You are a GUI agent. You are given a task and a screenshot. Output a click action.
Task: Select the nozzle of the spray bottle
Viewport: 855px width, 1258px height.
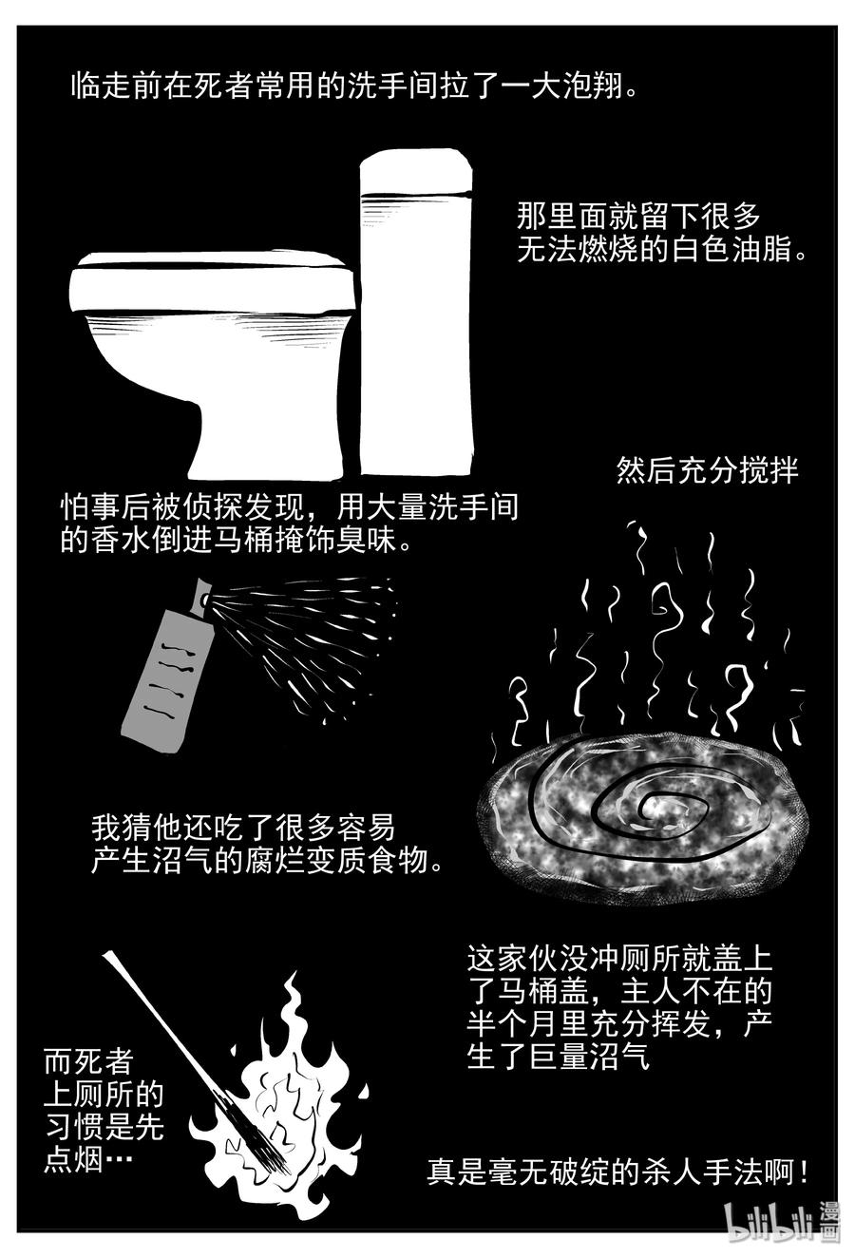[x=202, y=594]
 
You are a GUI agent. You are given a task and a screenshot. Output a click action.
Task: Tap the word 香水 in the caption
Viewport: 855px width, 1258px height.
[x=122, y=541]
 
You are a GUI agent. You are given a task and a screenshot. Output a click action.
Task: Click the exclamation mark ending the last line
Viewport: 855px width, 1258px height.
[x=804, y=1171]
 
